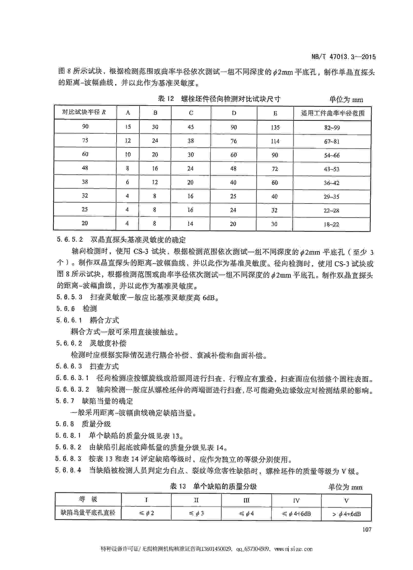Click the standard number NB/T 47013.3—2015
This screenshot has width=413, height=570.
click(343, 57)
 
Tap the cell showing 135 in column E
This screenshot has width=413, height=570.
click(275, 127)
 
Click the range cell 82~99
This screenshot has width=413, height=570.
click(332, 128)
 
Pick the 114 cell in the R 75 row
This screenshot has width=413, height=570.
click(275, 141)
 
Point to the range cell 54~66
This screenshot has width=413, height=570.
click(332, 155)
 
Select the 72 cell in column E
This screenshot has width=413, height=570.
click(275, 169)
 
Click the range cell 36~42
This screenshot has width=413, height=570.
click(332, 183)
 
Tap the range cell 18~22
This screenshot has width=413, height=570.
click(331, 224)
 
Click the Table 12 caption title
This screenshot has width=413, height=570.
click(219, 99)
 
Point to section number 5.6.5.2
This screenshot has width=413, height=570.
click(70, 240)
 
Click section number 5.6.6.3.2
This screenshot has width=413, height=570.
click(72, 390)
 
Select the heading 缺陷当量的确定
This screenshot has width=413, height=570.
click(107, 401)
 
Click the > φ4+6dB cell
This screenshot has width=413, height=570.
click(346, 514)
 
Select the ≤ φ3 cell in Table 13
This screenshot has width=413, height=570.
click(196, 513)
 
